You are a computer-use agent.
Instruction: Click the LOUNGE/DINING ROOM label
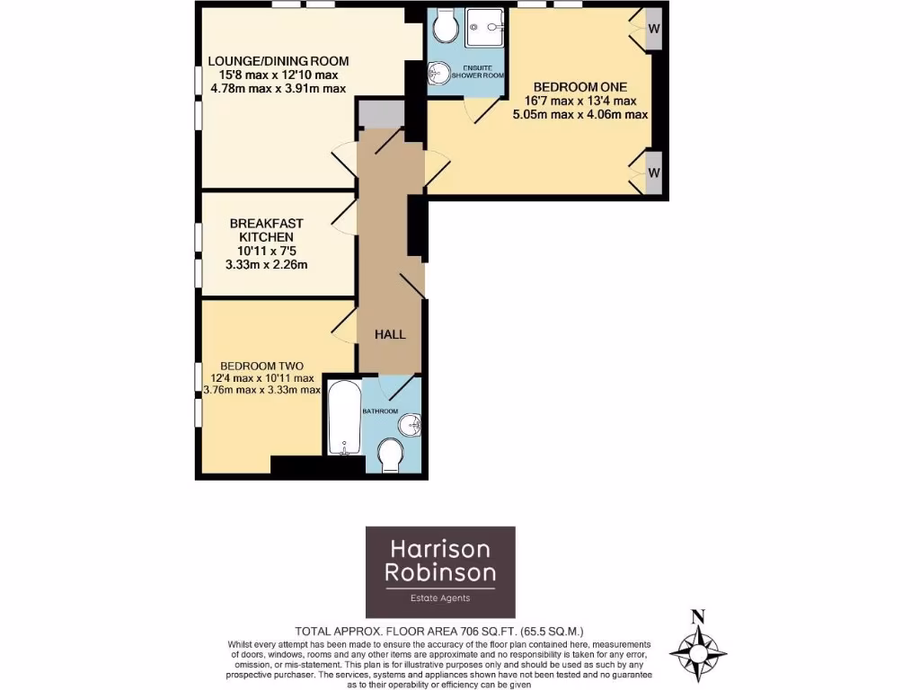pos(278,61)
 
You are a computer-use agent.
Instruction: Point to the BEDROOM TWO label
pos(261,366)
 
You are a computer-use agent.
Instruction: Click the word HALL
pos(390,334)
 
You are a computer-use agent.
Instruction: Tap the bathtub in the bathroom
pos(344,419)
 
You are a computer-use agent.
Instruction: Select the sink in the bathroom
pos(409,422)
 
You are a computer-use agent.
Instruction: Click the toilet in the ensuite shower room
pos(444,27)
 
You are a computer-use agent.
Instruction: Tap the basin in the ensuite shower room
pos(438,71)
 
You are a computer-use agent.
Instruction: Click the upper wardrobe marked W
pos(653,28)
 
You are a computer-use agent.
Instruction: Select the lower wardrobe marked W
pos(653,172)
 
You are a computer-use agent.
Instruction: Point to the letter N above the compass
pos(696,616)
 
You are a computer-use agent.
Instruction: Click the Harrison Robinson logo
pos(440,571)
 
